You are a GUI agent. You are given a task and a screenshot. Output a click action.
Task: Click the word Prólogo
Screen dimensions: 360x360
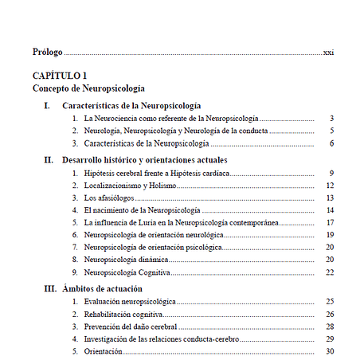point(47,52)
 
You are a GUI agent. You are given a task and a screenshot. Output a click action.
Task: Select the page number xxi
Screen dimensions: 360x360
point(328,52)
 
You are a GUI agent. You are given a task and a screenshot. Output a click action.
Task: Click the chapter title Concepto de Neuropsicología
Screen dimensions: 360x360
point(88,88)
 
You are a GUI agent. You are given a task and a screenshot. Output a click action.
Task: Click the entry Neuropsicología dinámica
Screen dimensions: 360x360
point(126,260)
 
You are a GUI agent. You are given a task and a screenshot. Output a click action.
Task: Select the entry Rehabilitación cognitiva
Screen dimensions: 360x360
point(121,315)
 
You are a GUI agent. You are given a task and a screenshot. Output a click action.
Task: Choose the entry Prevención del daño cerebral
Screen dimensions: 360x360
point(128,327)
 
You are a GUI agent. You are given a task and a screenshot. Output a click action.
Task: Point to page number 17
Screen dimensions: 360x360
point(329,223)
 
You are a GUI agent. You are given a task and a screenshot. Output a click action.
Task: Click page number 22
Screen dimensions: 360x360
point(329,272)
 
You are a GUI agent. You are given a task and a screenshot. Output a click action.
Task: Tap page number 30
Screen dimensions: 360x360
point(329,351)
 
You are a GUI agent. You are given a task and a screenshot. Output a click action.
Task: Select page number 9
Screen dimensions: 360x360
point(331,173)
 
